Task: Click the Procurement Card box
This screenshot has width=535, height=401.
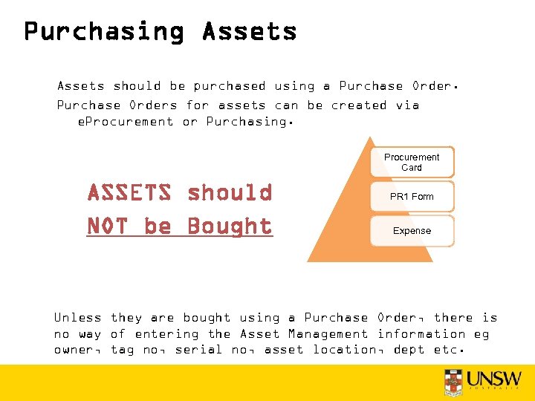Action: pos(412,162)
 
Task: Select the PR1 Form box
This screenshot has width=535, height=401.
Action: pos(412,197)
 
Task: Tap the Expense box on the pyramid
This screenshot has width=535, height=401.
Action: pos(412,231)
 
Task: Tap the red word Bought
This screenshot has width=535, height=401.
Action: pos(230,226)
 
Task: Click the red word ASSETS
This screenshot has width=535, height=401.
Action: pos(129,193)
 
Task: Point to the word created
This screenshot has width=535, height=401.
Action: pos(359,105)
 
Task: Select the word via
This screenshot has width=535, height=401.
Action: pos(407,105)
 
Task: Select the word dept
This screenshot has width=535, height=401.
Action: pos(410,350)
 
